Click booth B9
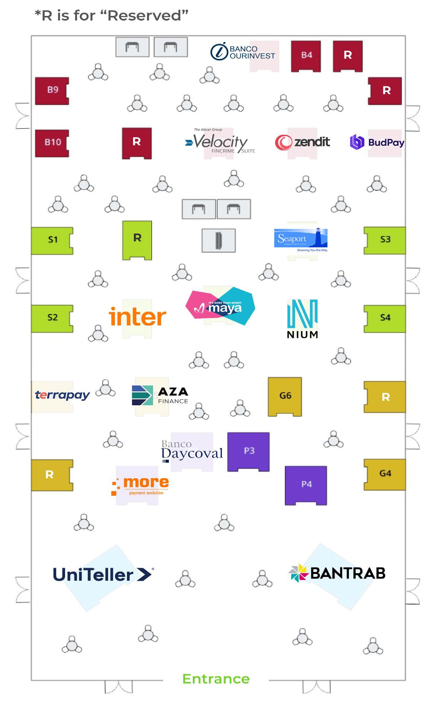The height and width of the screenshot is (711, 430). (52, 91)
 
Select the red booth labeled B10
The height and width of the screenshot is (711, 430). (52, 143)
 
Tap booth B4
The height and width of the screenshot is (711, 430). (306, 56)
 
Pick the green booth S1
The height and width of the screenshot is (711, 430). (52, 240)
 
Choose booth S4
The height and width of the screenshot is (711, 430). (384, 318)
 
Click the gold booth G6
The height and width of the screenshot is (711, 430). (285, 396)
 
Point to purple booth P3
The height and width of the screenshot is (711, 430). (248, 451)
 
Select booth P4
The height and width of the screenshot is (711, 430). (306, 485)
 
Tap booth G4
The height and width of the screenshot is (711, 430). (384, 474)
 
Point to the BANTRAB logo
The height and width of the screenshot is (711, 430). (337, 573)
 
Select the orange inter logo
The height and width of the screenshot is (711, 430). (137, 317)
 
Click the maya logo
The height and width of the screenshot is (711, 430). (220, 306)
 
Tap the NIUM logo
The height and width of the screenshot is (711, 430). (302, 319)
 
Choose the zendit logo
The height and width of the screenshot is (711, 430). (302, 142)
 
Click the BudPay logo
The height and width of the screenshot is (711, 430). (377, 142)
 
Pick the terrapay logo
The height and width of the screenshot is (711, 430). (62, 395)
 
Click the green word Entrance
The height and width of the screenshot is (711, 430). (216, 679)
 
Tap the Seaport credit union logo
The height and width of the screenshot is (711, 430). (301, 239)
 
